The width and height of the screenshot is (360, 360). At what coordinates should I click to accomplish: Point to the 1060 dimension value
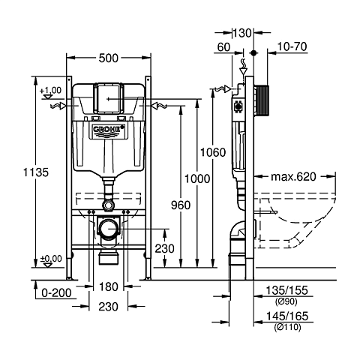coord(212,152)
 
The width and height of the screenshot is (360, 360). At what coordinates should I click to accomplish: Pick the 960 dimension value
coord(181,204)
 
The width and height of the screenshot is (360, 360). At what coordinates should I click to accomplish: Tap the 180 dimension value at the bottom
coord(109,287)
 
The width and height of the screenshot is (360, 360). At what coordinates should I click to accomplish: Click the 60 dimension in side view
coord(223,46)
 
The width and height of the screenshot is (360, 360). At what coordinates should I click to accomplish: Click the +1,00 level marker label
coord(49,89)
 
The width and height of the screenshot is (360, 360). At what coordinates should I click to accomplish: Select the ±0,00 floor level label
coord(49,258)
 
